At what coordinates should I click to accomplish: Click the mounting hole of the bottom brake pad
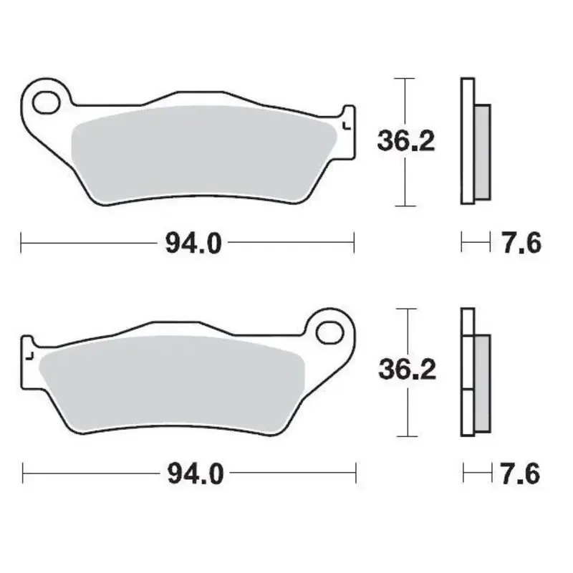331,332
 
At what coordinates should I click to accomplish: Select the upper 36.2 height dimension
405,141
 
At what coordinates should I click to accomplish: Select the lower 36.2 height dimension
406,370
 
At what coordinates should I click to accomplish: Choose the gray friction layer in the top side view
482,150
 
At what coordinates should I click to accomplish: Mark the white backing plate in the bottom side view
467,372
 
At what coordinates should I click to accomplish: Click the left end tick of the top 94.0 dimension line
22,244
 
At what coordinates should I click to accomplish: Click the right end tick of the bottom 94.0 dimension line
356,473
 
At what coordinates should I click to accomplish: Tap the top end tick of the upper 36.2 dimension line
405,78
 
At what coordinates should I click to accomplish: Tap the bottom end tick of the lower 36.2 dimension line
406,436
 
